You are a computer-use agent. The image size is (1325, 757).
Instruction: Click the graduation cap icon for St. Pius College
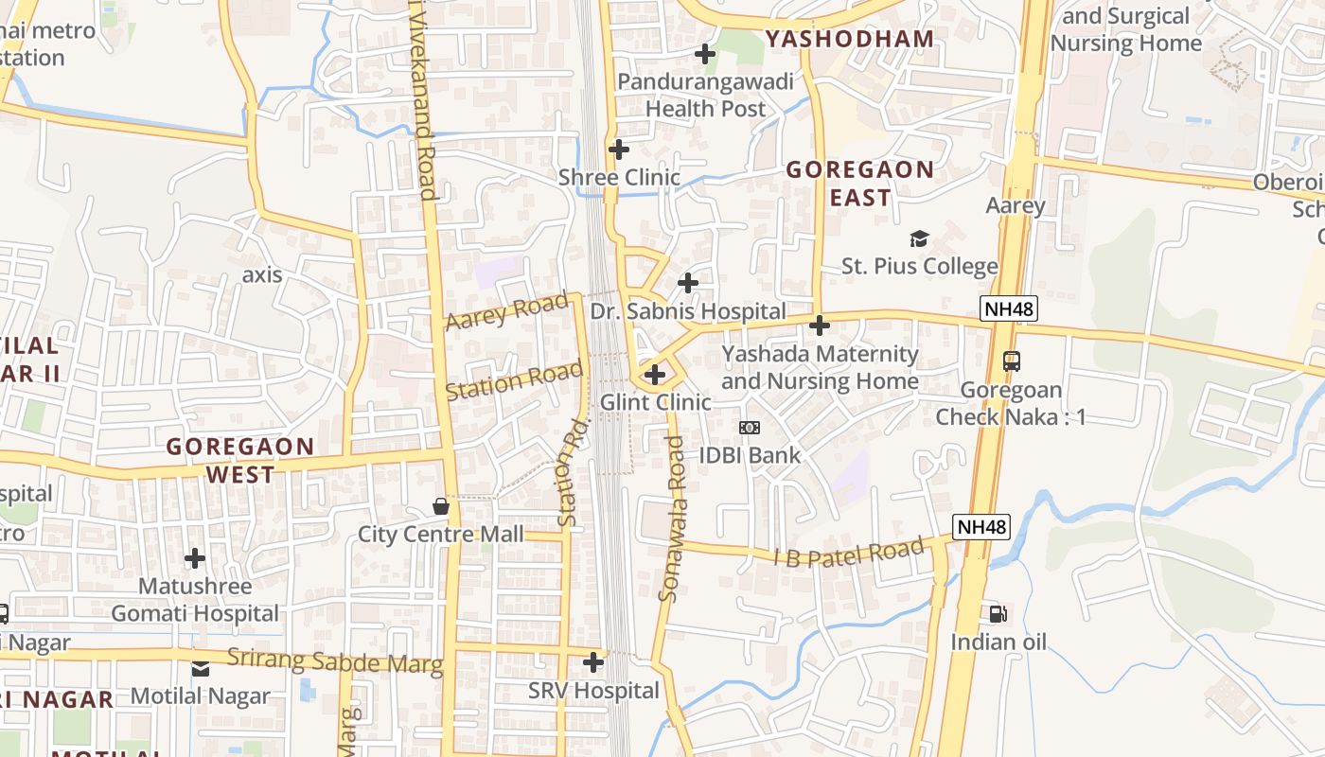coord(919,238)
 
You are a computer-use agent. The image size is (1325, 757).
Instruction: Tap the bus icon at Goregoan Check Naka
coord(1012,361)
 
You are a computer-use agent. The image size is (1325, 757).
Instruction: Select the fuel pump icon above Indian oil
coord(998,614)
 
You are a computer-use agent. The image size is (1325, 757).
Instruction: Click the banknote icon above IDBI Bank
coord(750,428)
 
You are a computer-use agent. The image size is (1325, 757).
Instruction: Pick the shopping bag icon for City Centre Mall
coord(441,506)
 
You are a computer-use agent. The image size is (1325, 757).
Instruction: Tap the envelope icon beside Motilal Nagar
coord(201,669)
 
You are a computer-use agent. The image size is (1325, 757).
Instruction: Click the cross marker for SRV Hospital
coord(593,662)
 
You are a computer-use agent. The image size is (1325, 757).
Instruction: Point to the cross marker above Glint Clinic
coord(655,375)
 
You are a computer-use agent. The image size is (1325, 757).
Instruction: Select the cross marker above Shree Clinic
coord(619,150)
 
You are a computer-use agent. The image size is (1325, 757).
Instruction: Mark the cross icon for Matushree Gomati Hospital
coord(195,558)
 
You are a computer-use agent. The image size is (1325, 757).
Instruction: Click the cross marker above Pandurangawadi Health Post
coord(705,54)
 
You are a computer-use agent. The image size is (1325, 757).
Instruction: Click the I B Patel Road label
coord(849,554)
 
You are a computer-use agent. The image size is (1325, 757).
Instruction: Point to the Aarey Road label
coord(506,312)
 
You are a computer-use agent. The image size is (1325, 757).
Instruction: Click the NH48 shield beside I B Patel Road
coord(981,527)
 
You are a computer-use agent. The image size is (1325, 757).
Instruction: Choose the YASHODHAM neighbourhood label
coord(849,39)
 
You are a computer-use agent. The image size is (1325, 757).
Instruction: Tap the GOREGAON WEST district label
coord(240,460)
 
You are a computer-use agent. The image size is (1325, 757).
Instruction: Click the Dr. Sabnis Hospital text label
coord(688,311)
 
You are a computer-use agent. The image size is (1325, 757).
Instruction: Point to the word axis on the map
coord(262,274)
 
